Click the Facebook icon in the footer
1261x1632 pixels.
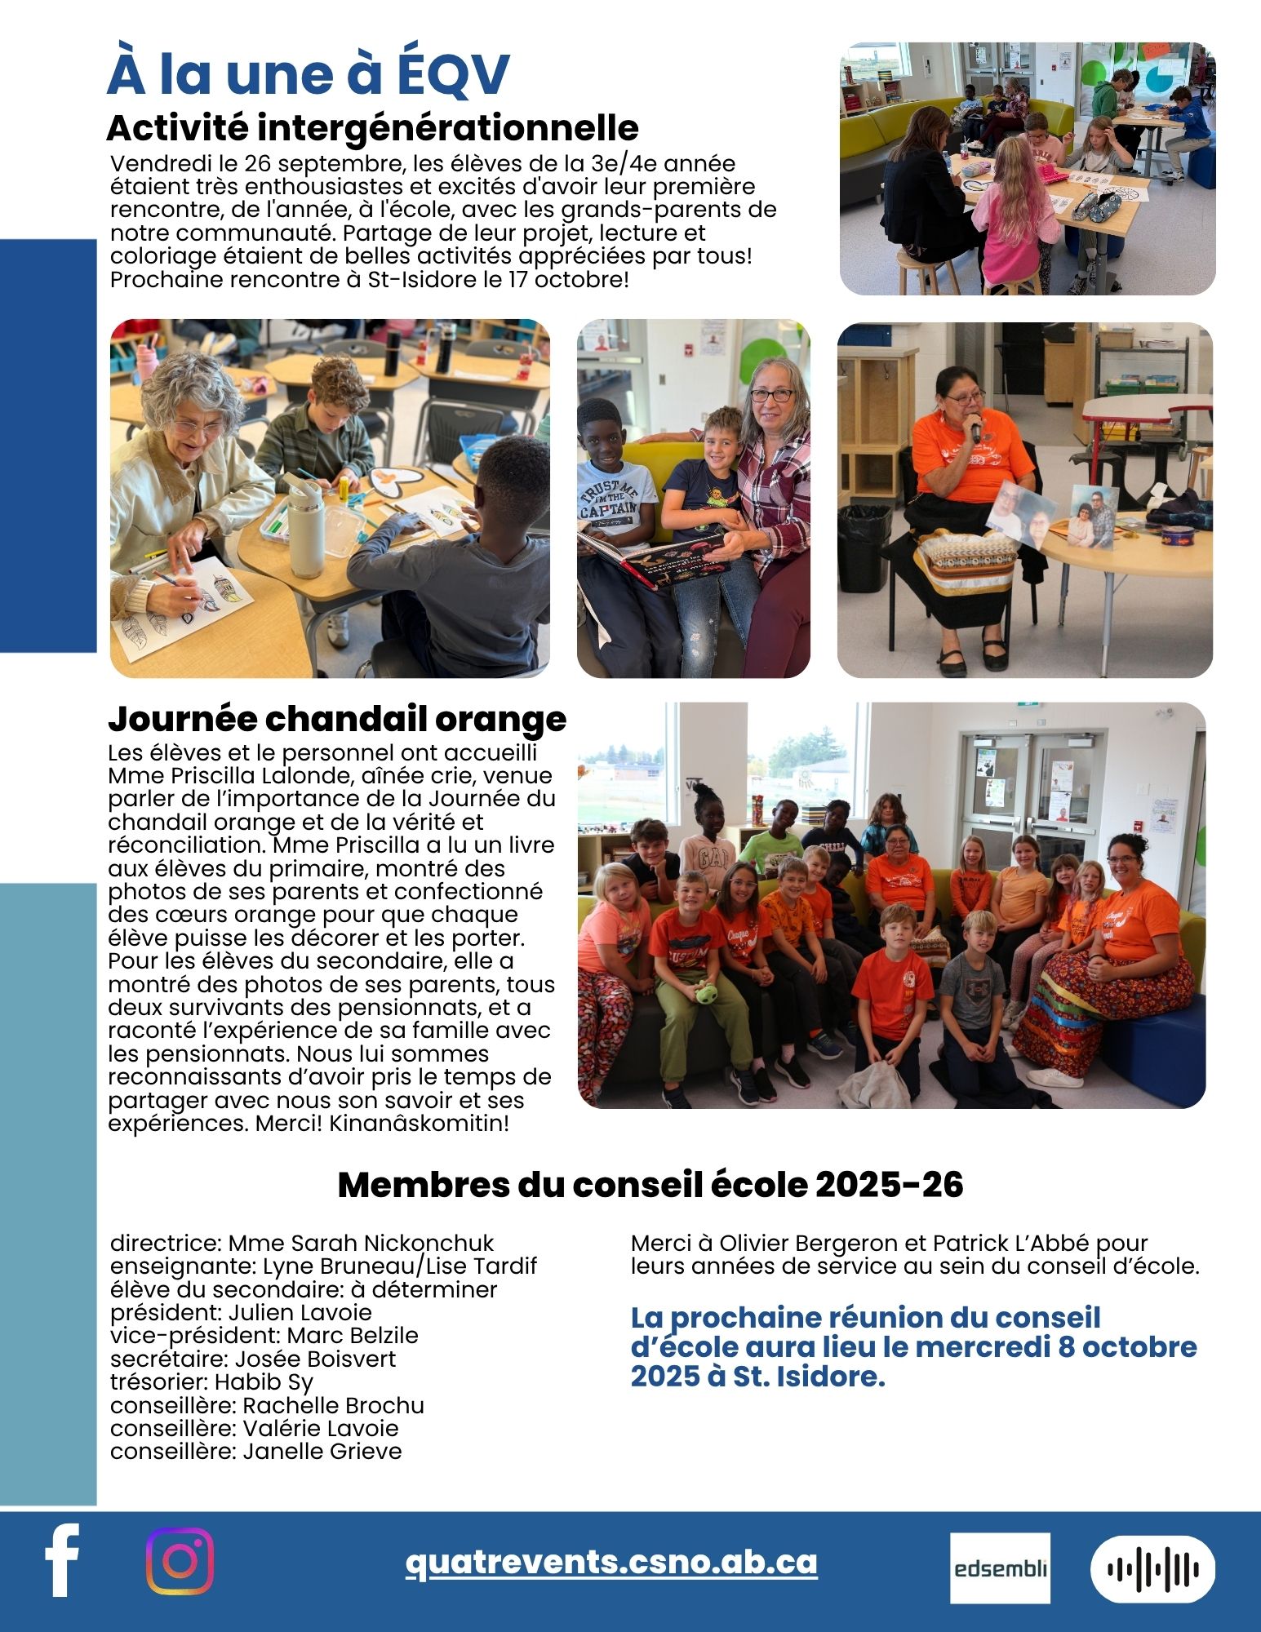pyautogui.click(x=62, y=1559)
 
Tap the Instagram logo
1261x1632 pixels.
pyautogui.click(x=180, y=1560)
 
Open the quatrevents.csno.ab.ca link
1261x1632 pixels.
pyautogui.click(x=611, y=1561)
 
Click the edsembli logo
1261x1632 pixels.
pyautogui.click(x=1000, y=1568)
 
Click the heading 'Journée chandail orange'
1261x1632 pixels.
pyautogui.click(x=337, y=719)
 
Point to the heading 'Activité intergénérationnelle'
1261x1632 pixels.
pyautogui.click(x=372, y=127)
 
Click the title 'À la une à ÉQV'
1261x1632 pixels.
pyautogui.click(x=308, y=73)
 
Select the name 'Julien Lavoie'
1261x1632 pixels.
pyautogui.click(x=300, y=1312)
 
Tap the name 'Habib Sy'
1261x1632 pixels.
pyautogui.click(x=264, y=1381)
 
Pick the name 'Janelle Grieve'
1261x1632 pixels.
pyautogui.click(x=322, y=1451)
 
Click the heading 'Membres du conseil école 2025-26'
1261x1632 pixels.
pyautogui.click(x=650, y=1185)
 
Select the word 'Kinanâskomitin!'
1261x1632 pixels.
pyautogui.click(x=419, y=1123)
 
